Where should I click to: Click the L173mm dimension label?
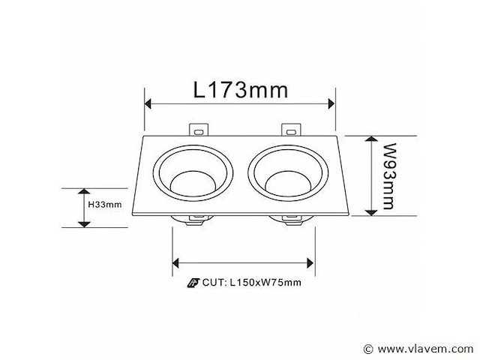(x=240, y=91)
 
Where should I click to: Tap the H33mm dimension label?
(x=104, y=204)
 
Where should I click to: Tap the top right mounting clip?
(x=289, y=130)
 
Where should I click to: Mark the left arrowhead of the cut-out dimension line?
(x=178, y=262)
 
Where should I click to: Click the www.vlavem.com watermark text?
(x=424, y=349)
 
